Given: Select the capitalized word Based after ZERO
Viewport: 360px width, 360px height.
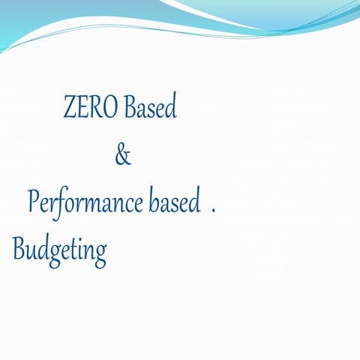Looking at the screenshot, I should (x=150, y=109).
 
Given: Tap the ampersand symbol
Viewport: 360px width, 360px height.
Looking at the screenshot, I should (x=123, y=156).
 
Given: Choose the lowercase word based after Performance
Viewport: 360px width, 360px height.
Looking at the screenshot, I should (x=175, y=202).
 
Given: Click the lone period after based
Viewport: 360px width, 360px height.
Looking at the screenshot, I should (x=214, y=211).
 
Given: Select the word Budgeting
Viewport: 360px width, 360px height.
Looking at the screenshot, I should (x=59, y=250).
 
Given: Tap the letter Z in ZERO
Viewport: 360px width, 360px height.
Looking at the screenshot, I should (x=70, y=109).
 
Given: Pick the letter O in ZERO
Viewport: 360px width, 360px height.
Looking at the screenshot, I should (x=111, y=109).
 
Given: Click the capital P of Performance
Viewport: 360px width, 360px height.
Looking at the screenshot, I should (x=33, y=202).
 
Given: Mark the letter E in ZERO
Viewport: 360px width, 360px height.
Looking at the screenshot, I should (x=82, y=109).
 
